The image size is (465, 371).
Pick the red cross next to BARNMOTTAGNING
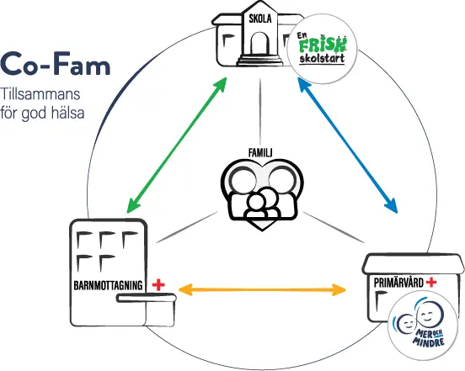pos(157,285)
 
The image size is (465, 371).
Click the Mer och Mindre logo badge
pos(423,330)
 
